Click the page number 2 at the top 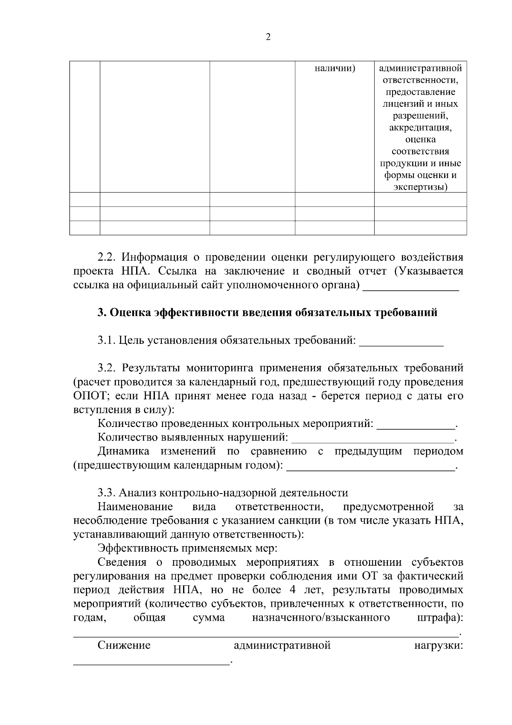[268, 37]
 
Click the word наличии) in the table [335, 68]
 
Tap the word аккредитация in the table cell [420, 128]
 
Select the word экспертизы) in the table [420, 187]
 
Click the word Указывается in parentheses [431, 271]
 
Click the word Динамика [123, 451]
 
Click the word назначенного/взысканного [321, 618]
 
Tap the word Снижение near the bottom [124, 645]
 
